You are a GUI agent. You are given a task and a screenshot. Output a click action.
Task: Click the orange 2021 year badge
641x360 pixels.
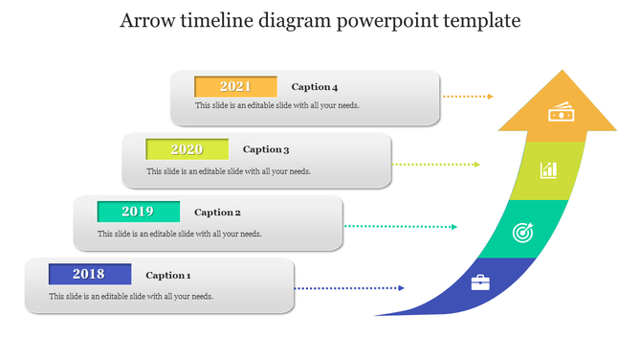click(x=235, y=86)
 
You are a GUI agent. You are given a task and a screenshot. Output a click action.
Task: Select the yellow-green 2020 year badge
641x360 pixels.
click(x=187, y=149)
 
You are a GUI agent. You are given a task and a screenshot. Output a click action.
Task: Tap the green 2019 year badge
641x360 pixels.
click(x=138, y=212)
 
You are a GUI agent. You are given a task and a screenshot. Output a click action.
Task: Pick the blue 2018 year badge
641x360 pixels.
click(x=89, y=275)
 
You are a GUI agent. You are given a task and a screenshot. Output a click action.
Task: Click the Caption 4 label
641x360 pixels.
click(x=315, y=87)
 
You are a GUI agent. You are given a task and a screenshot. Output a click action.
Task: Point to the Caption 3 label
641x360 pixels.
click(x=266, y=149)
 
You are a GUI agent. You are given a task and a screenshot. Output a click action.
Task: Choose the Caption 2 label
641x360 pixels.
click(x=217, y=213)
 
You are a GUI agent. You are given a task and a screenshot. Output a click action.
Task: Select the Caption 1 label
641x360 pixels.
click(x=168, y=275)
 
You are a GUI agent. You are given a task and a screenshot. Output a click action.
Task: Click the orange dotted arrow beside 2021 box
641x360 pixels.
click(x=469, y=97)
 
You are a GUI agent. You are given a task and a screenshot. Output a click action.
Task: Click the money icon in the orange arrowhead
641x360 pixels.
click(x=561, y=113)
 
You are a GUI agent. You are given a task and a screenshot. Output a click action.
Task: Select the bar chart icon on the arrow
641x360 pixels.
click(x=548, y=170)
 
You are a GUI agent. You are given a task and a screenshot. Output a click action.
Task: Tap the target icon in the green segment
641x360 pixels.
click(x=521, y=232)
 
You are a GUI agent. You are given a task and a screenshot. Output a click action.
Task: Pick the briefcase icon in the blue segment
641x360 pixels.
click(x=480, y=282)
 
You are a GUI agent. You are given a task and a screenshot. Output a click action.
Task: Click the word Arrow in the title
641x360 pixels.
click(x=147, y=21)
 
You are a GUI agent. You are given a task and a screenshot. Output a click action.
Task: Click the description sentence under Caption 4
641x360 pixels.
click(x=277, y=105)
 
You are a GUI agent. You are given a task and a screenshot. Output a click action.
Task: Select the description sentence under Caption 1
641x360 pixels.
click(x=131, y=296)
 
